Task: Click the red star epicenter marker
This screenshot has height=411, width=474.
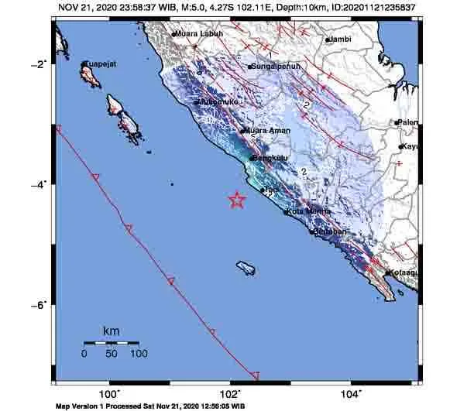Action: click(237, 200)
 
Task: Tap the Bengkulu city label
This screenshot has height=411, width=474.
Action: click(269, 157)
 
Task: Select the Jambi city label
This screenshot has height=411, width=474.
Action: click(339, 38)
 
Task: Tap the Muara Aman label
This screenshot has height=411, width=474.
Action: click(269, 131)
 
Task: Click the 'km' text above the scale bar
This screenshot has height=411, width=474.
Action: click(111, 331)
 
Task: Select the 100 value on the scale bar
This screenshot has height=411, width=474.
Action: click(138, 354)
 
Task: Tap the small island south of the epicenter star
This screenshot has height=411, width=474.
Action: click(246, 268)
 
